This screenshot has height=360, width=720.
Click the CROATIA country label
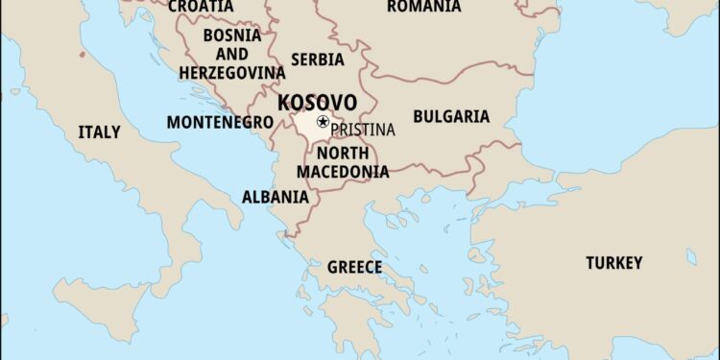coord(200,7)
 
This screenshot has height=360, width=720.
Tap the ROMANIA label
coord(423,7)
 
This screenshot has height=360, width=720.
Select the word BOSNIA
coord(233,36)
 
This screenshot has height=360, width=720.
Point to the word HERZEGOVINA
coord(231,72)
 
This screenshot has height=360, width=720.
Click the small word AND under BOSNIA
coord(231,55)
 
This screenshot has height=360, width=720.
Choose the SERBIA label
coord(317,60)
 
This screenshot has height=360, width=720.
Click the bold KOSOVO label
coord(317,103)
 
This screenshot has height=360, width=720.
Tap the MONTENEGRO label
coord(220,123)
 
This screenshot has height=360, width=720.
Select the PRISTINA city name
coord(363,129)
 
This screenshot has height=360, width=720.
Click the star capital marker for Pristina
coord(323,122)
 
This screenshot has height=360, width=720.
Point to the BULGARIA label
coord(450,117)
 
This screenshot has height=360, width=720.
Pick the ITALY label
coord(100,132)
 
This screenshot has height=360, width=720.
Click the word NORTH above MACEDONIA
coord(343,154)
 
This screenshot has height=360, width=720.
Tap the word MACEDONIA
coord(343,172)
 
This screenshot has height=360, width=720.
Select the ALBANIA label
coord(276,197)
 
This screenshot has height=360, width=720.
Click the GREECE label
coord(354,267)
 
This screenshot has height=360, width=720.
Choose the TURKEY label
coord(614,262)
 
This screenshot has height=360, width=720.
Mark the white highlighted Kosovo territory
coord(306,124)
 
